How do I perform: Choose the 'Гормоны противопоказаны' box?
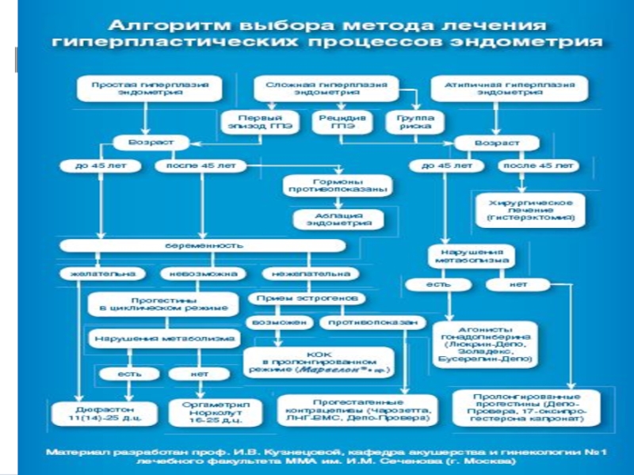pyautogui.click(x=337, y=186)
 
